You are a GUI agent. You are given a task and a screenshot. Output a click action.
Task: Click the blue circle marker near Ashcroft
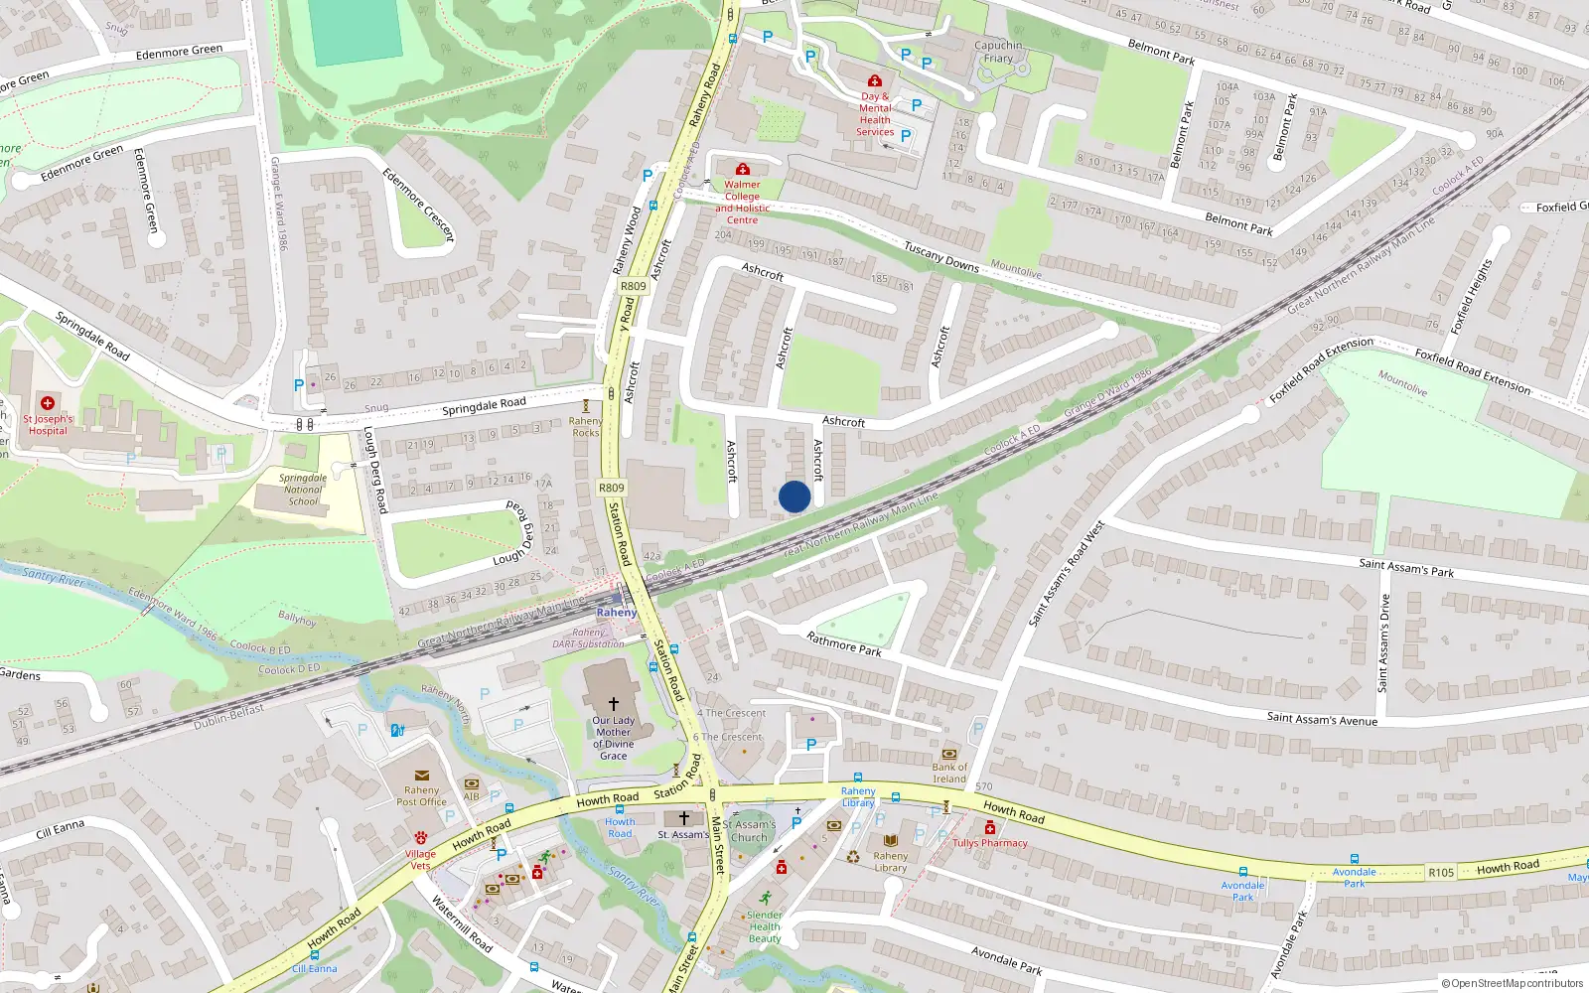[794, 496]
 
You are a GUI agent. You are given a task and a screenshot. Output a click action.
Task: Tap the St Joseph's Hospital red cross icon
[47, 403]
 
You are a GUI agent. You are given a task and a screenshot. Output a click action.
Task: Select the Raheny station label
[617, 613]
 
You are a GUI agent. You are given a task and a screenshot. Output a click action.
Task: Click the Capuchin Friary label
[998, 52]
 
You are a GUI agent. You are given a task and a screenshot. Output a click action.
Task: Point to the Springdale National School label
[303, 490]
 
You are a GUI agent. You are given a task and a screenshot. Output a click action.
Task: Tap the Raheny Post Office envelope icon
[421, 776]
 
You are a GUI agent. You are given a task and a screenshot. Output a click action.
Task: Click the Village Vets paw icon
[421, 837]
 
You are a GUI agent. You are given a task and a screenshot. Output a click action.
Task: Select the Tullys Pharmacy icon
[989, 828]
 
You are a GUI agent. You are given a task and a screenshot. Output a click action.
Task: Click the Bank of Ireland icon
[949, 754]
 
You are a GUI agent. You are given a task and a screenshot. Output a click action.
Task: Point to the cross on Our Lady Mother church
[614, 704]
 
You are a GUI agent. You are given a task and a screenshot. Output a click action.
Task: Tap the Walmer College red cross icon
[742, 170]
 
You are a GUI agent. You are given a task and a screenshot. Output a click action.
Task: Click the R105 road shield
[1441, 873]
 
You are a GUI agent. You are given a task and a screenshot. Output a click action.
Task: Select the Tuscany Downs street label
[941, 257]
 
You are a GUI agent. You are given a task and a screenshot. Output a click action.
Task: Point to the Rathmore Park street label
[844, 644]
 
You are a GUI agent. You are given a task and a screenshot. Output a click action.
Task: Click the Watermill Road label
[462, 923]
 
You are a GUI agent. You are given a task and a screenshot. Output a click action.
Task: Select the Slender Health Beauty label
[765, 926]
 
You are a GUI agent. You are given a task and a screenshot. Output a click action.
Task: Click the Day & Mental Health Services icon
[874, 80]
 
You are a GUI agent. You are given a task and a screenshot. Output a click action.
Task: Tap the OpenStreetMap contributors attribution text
[1513, 983]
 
